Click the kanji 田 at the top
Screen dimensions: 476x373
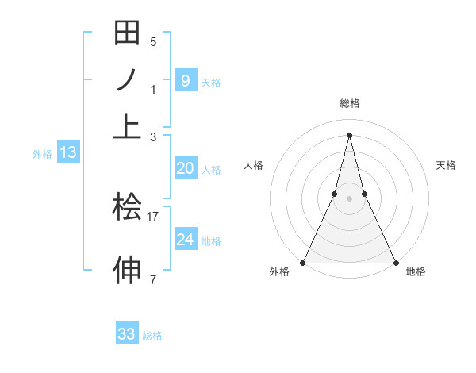pos(127,34)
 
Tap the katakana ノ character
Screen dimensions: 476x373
pos(127,81)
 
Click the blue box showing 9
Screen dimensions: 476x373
pos(185,80)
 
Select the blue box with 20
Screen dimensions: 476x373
pos(185,168)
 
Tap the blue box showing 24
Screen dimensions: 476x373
pos(185,239)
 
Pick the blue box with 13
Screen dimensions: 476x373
pos(67,152)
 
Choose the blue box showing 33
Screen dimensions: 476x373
pos(127,334)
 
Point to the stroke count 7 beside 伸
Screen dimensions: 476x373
pos(153,279)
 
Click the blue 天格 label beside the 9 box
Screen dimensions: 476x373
pos(211,82)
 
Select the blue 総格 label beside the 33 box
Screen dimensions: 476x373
pos(152,336)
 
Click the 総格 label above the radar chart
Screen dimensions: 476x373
pos(349,103)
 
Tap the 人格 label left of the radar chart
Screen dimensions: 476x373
pos(253,165)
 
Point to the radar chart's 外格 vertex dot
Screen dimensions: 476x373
pos(303,263)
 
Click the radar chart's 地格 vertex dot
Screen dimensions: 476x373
pos(395,263)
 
